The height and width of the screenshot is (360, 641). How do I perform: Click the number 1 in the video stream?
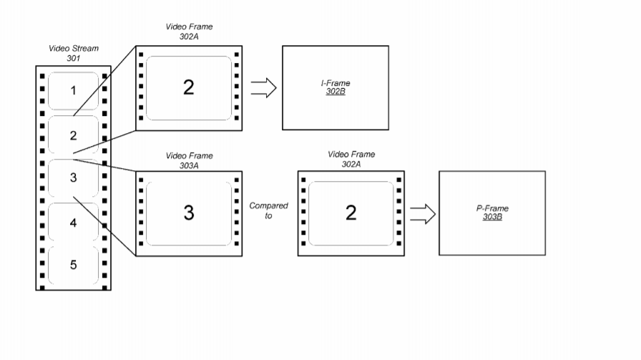point(73,90)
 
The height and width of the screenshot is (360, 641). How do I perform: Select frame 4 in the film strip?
point(73,223)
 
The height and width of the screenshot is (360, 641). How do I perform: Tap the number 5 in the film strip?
point(73,265)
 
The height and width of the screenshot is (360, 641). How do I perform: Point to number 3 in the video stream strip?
point(73,177)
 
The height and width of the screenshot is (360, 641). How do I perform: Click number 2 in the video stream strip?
point(73,135)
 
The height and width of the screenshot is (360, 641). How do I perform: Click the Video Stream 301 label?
point(74,53)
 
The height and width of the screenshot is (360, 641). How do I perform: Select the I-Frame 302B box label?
point(336,87)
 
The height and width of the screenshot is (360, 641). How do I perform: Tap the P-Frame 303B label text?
point(492,213)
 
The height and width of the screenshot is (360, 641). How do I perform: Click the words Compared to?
point(268,210)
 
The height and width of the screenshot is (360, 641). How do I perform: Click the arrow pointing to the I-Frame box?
point(264,87)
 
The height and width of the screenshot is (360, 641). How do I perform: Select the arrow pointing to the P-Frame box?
point(423,214)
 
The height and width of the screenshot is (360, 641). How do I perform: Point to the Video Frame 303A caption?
point(189,160)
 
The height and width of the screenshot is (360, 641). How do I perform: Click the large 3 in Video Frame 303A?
point(189,213)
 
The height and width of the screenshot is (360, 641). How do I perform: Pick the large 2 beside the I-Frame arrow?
point(188,87)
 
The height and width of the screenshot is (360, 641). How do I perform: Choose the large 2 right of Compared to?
point(351,213)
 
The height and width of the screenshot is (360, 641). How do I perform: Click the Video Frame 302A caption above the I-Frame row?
point(189,31)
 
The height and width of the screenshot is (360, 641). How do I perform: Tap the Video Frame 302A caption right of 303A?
point(351,159)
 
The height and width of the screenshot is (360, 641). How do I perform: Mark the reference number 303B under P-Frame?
point(492,217)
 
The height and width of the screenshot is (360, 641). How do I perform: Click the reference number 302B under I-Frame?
point(336,91)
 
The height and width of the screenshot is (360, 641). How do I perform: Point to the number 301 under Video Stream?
point(74,58)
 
